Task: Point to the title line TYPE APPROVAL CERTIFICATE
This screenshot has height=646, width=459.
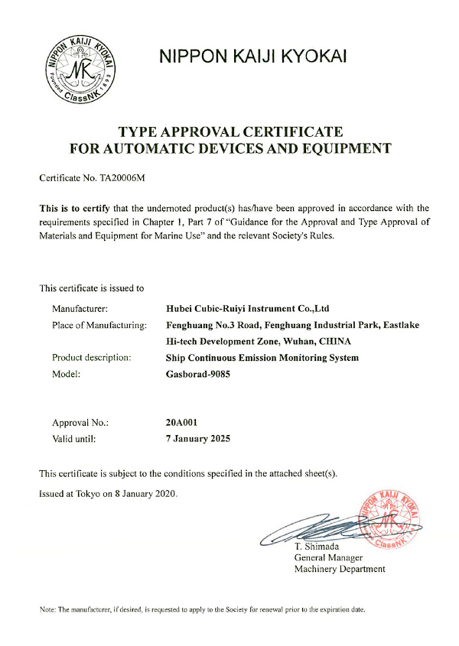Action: (230, 131)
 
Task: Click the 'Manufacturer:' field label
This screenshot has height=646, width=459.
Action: (80, 309)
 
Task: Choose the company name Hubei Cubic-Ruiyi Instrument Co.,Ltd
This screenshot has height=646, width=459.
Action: (247, 309)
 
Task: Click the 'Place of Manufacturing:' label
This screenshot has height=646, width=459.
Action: (99, 325)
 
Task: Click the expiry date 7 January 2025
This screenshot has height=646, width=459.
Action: (197, 439)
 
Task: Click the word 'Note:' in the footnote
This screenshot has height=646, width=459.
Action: (47, 609)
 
